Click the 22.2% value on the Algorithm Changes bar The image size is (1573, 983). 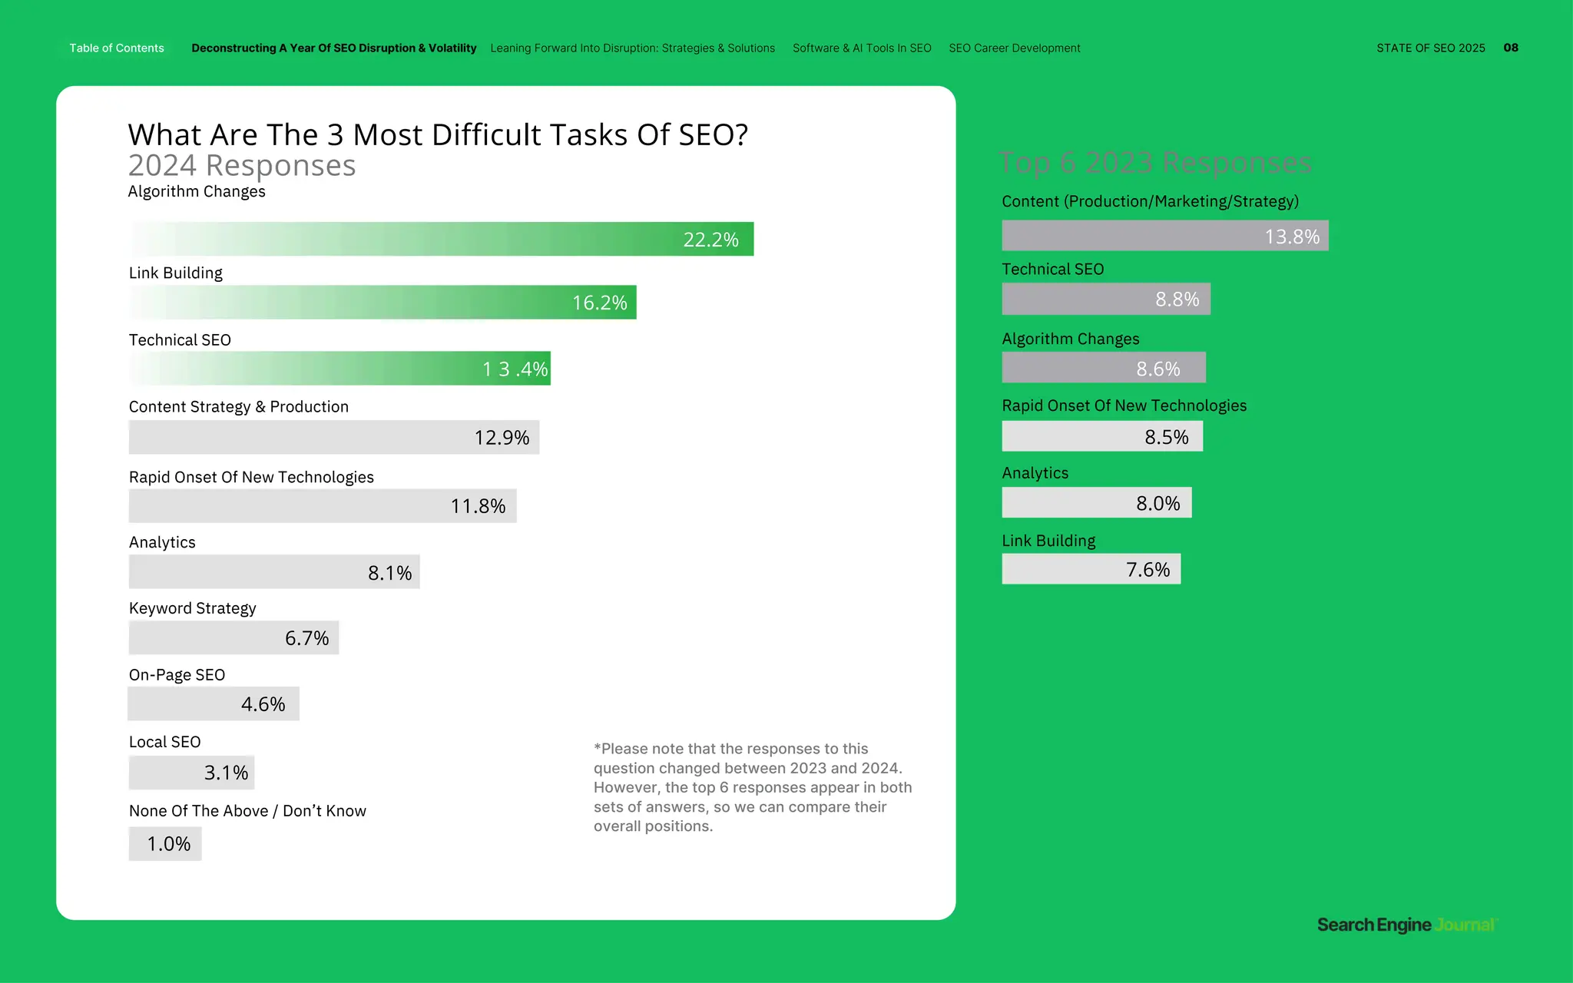tap(710, 240)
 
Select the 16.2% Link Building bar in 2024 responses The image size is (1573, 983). tap(382, 303)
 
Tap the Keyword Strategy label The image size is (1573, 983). tap(192, 608)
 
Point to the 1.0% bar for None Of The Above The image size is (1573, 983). tap(165, 843)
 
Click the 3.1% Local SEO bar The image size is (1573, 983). tap(191, 773)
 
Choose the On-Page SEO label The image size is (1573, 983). tap(177, 675)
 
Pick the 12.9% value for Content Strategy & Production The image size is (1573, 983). tap(502, 438)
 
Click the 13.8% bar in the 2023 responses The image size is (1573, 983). tap(1164, 236)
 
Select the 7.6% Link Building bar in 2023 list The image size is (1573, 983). tap(1091, 569)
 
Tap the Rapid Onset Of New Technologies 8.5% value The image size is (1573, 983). tap(1166, 437)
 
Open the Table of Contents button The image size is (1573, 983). tap(117, 48)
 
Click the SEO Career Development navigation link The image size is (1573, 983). tap(1014, 48)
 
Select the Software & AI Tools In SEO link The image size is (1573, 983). tap(862, 48)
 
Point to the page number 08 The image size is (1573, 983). tap(1510, 48)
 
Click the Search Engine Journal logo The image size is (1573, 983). tap(1406, 925)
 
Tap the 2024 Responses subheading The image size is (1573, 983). tap(241, 166)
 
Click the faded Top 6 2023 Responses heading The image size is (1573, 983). tap(1154, 163)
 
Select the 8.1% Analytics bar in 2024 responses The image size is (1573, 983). tap(274, 572)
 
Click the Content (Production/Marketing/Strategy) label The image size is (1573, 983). tap(1150, 201)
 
